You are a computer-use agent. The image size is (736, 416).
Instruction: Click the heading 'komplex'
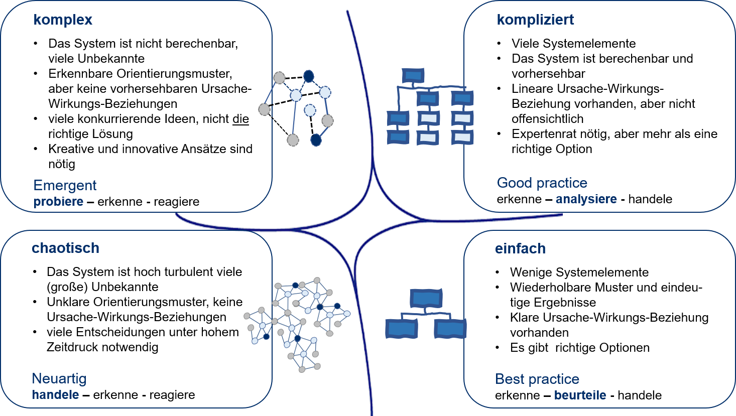tap(63, 20)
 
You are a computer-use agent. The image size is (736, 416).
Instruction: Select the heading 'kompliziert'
tap(535, 20)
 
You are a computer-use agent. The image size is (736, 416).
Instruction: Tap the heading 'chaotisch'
tap(65, 248)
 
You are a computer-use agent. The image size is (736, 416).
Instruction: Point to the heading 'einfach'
tap(520, 249)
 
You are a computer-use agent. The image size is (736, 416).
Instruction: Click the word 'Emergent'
tap(65, 186)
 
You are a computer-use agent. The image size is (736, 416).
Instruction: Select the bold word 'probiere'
tap(58, 202)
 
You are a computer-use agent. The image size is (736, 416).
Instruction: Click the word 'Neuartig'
tap(59, 379)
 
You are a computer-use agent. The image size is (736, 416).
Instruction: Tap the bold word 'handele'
tap(55, 395)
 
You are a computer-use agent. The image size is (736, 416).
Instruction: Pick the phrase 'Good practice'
tap(542, 183)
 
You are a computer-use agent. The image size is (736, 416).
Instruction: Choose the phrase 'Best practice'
tap(537, 379)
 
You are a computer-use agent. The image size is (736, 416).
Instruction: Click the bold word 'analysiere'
tap(586, 199)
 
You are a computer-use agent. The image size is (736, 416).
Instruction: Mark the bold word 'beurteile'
tap(580, 395)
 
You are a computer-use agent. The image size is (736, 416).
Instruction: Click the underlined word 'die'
tap(240, 119)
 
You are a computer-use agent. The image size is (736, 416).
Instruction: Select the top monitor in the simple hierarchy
tap(426, 298)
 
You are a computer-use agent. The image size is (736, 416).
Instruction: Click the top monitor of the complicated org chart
tap(413, 76)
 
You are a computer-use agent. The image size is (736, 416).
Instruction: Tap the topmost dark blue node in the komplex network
tap(309, 76)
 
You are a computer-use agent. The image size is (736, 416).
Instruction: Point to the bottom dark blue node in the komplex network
tap(316, 140)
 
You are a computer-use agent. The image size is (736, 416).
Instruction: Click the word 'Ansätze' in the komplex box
tap(201, 149)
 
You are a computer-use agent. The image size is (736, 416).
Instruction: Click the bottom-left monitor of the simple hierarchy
tap(401, 329)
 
